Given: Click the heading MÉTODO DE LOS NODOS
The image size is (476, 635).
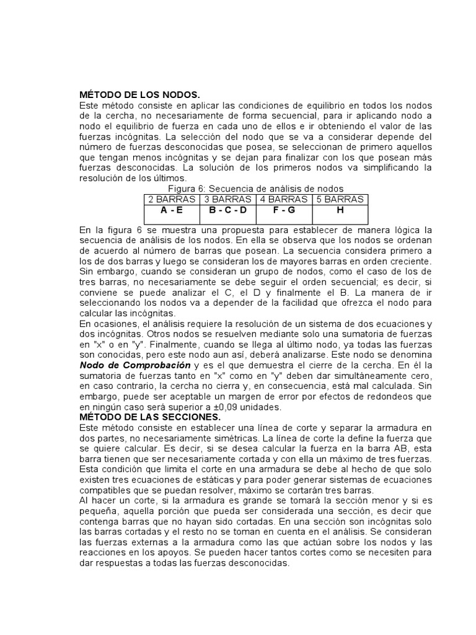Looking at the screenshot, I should tap(139, 95).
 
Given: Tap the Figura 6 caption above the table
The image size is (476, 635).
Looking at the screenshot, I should tap(256, 188).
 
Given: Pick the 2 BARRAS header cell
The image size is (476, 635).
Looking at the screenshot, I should tap(171, 199).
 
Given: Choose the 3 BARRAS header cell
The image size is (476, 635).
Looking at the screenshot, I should tap(227, 199).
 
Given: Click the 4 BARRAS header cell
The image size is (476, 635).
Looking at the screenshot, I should tap(283, 199).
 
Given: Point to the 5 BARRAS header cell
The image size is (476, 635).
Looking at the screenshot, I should tap(340, 199).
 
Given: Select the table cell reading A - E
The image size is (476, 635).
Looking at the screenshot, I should tap(171, 210).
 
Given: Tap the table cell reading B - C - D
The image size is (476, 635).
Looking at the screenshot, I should tap(227, 210).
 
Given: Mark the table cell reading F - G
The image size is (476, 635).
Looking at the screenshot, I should tap(283, 210).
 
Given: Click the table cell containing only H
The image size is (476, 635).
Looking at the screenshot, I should tap(340, 210).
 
